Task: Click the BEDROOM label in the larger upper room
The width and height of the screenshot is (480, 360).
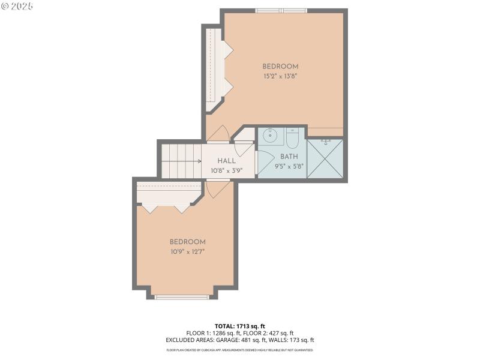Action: click(x=280, y=67)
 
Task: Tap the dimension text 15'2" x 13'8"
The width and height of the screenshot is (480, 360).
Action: click(x=280, y=76)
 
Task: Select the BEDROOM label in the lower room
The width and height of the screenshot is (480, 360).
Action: click(x=187, y=242)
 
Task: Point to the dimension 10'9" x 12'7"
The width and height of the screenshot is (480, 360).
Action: click(x=187, y=252)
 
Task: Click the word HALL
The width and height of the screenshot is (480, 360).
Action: click(x=227, y=161)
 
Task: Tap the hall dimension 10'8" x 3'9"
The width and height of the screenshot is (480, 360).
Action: click(x=227, y=170)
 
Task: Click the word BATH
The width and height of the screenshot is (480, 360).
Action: click(x=289, y=157)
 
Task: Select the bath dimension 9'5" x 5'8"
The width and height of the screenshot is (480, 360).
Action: click(x=289, y=166)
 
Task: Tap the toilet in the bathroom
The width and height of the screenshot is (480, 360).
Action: click(x=292, y=139)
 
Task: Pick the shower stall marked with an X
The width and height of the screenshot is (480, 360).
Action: click(x=325, y=159)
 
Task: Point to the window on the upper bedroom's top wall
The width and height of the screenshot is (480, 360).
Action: click(x=281, y=10)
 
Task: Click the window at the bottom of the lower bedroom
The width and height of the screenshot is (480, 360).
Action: click(x=182, y=296)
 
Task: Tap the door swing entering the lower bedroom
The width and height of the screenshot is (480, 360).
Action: click(x=216, y=188)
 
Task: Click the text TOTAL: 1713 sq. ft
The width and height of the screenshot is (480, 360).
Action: click(x=239, y=326)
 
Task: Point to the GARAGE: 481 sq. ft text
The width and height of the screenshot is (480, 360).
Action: click(x=248, y=340)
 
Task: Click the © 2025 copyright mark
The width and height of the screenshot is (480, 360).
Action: click(x=17, y=6)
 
